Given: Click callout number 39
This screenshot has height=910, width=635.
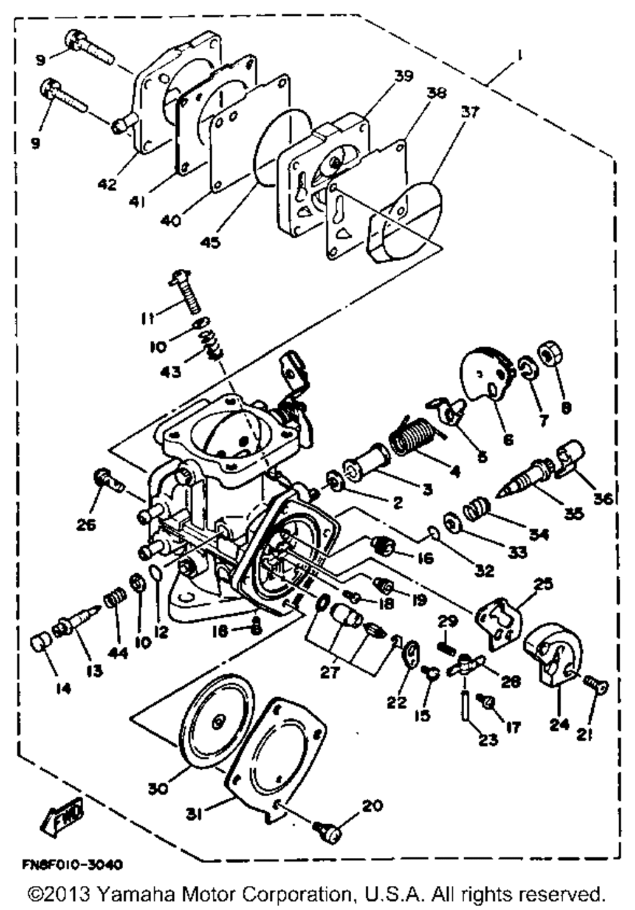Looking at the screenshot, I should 403,76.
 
